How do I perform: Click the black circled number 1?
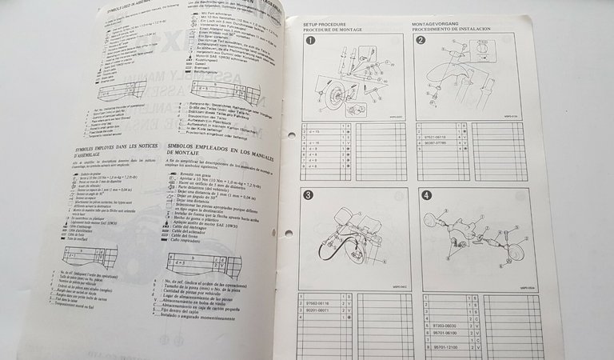[x=311, y=42]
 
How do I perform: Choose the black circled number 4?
[x=426, y=194]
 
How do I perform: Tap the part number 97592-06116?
[x=317, y=304]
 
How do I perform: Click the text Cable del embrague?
[x=201, y=226]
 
